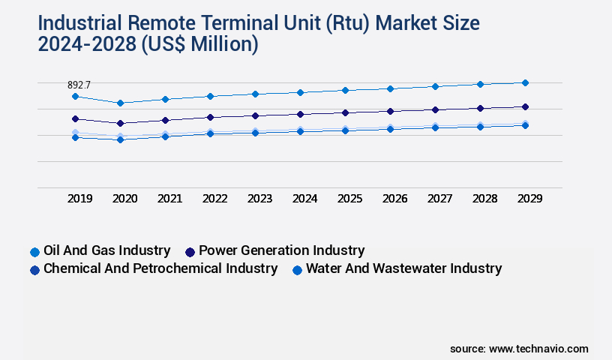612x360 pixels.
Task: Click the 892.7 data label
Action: [x=79, y=85]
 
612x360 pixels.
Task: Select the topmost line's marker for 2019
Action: [x=75, y=96]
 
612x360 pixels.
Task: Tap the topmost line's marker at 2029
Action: [x=525, y=82]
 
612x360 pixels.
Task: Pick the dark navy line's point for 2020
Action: [x=120, y=123]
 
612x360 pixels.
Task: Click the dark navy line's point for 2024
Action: [x=300, y=114]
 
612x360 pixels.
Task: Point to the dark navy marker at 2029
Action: [x=525, y=106]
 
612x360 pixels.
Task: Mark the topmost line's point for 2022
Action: [x=210, y=96]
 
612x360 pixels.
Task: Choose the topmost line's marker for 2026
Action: [x=390, y=88]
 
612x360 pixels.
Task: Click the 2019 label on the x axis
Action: [x=79, y=199]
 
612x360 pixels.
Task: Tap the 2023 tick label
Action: [x=259, y=199]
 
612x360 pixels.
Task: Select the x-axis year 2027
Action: [x=439, y=199]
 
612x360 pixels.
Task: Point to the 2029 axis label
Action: [x=529, y=199]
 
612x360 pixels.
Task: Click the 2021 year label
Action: [x=169, y=199]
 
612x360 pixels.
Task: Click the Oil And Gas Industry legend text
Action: [x=106, y=250]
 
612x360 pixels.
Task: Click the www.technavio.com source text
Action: [x=538, y=349]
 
